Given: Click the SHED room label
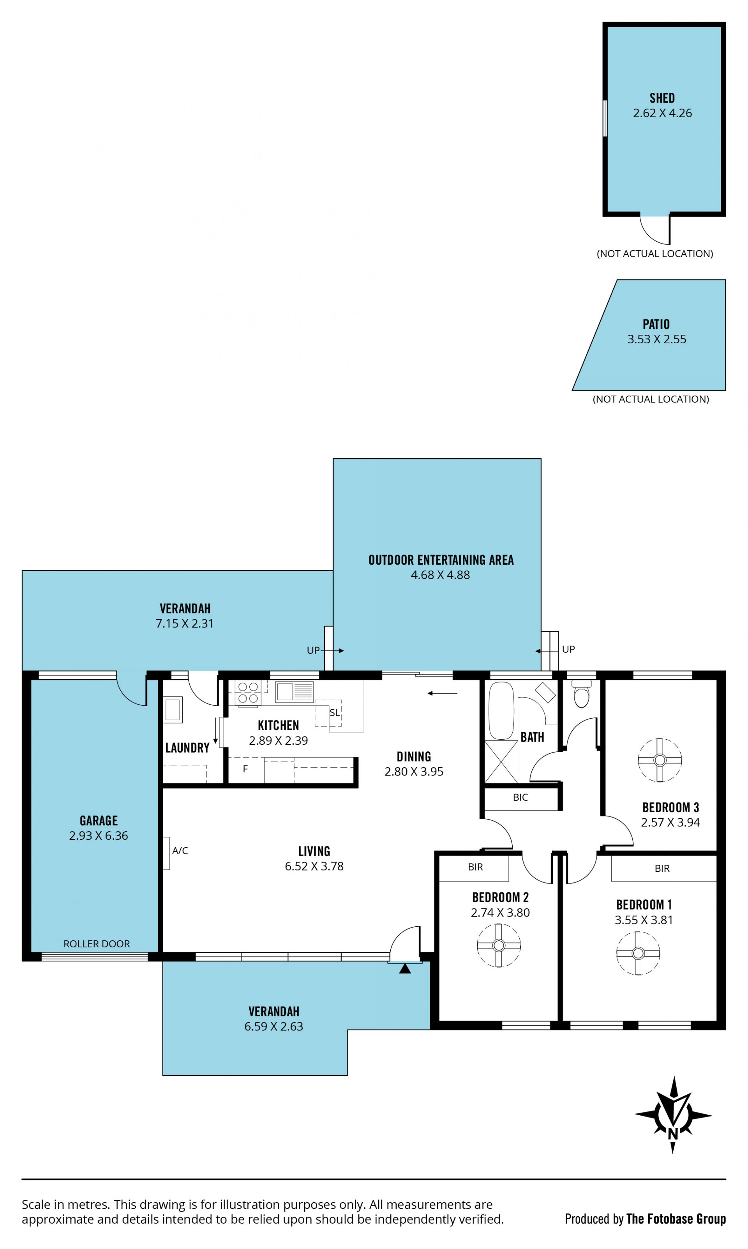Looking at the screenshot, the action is [x=662, y=98].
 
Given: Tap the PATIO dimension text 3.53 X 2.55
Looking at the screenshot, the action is [x=657, y=339].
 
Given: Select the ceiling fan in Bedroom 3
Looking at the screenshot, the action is [x=660, y=760].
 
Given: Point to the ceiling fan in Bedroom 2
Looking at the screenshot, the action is [x=499, y=945].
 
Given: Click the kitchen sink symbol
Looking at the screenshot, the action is [x=295, y=692].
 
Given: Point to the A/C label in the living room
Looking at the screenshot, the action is [x=180, y=850].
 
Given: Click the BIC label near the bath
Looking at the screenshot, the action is [x=520, y=797].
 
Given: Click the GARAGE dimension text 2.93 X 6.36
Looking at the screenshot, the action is [x=99, y=835].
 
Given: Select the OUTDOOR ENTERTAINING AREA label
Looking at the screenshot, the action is [x=441, y=560].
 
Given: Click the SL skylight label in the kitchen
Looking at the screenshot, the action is [x=335, y=713].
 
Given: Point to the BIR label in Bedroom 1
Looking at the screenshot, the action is [x=662, y=868].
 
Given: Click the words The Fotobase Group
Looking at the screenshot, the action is [x=676, y=1218].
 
